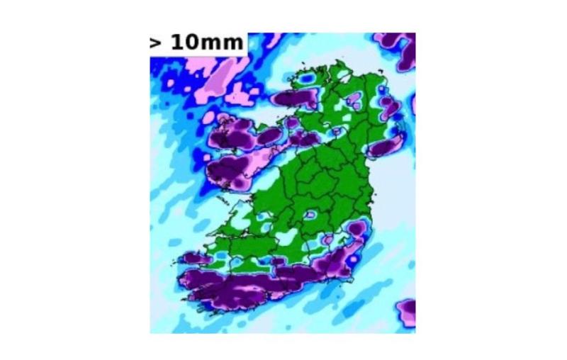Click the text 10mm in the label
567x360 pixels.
[x=206, y=43]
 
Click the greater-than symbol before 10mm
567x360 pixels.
[x=155, y=43]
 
